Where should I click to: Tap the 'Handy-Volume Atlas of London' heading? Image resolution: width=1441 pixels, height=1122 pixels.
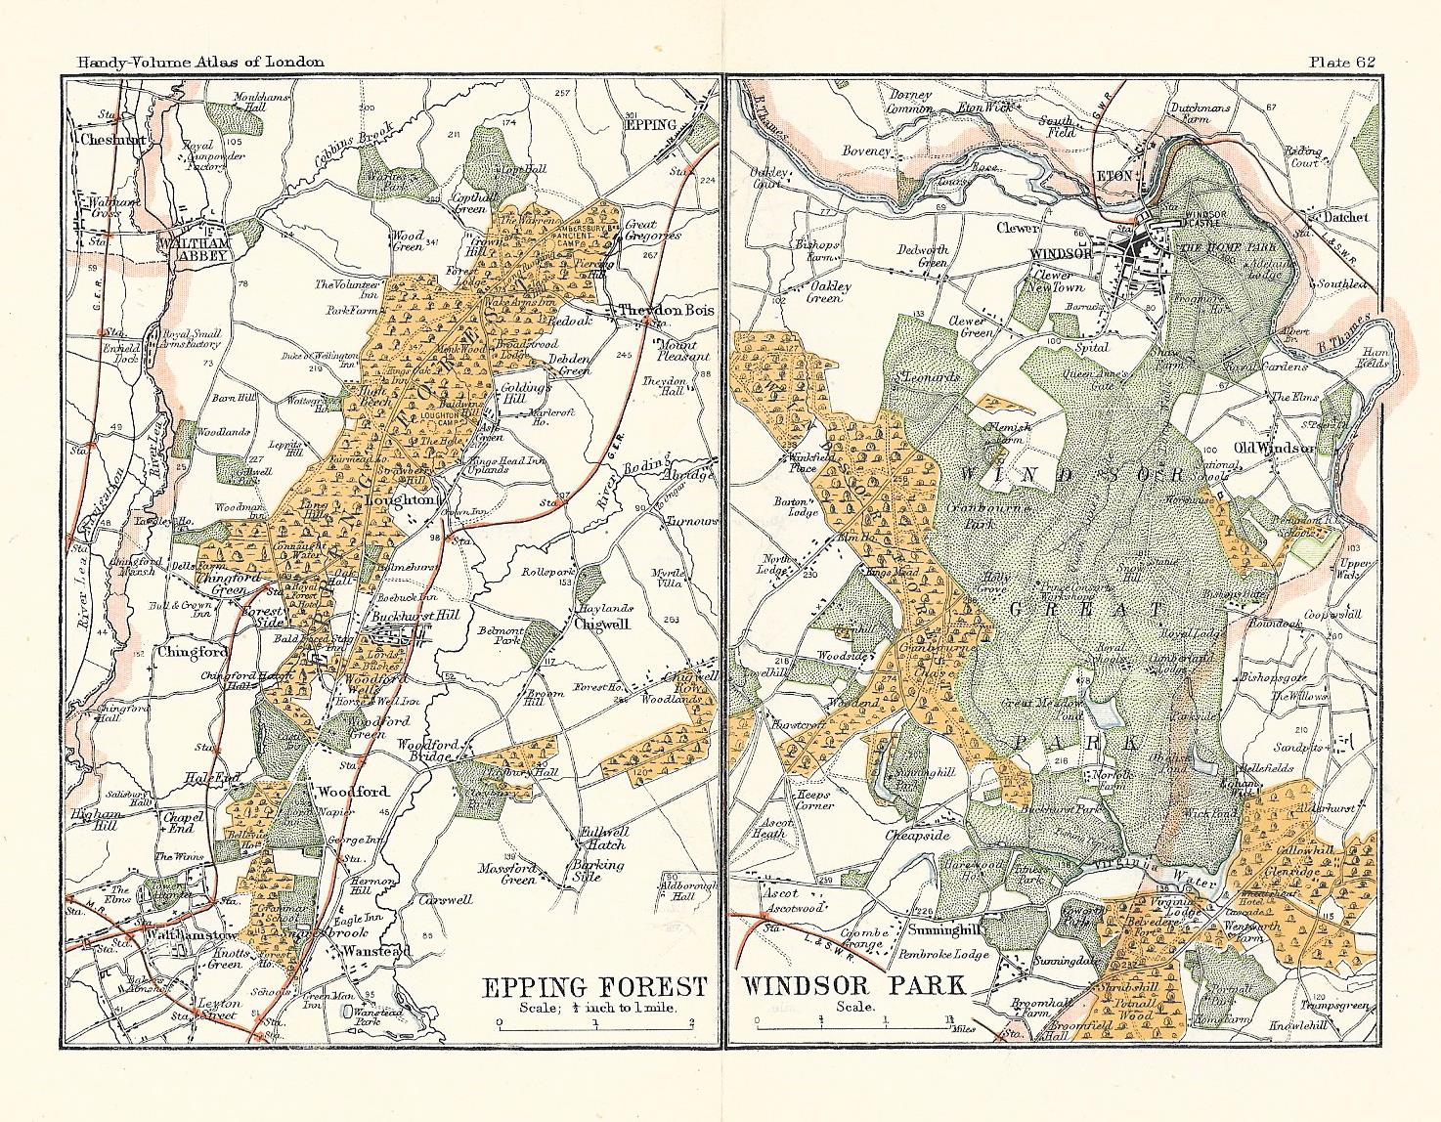(x=192, y=62)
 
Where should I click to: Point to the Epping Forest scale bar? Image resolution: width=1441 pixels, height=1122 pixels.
(x=594, y=1024)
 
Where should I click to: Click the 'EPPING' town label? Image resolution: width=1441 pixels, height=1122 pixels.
(x=651, y=125)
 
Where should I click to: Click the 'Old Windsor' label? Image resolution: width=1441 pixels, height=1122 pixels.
(x=1275, y=448)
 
